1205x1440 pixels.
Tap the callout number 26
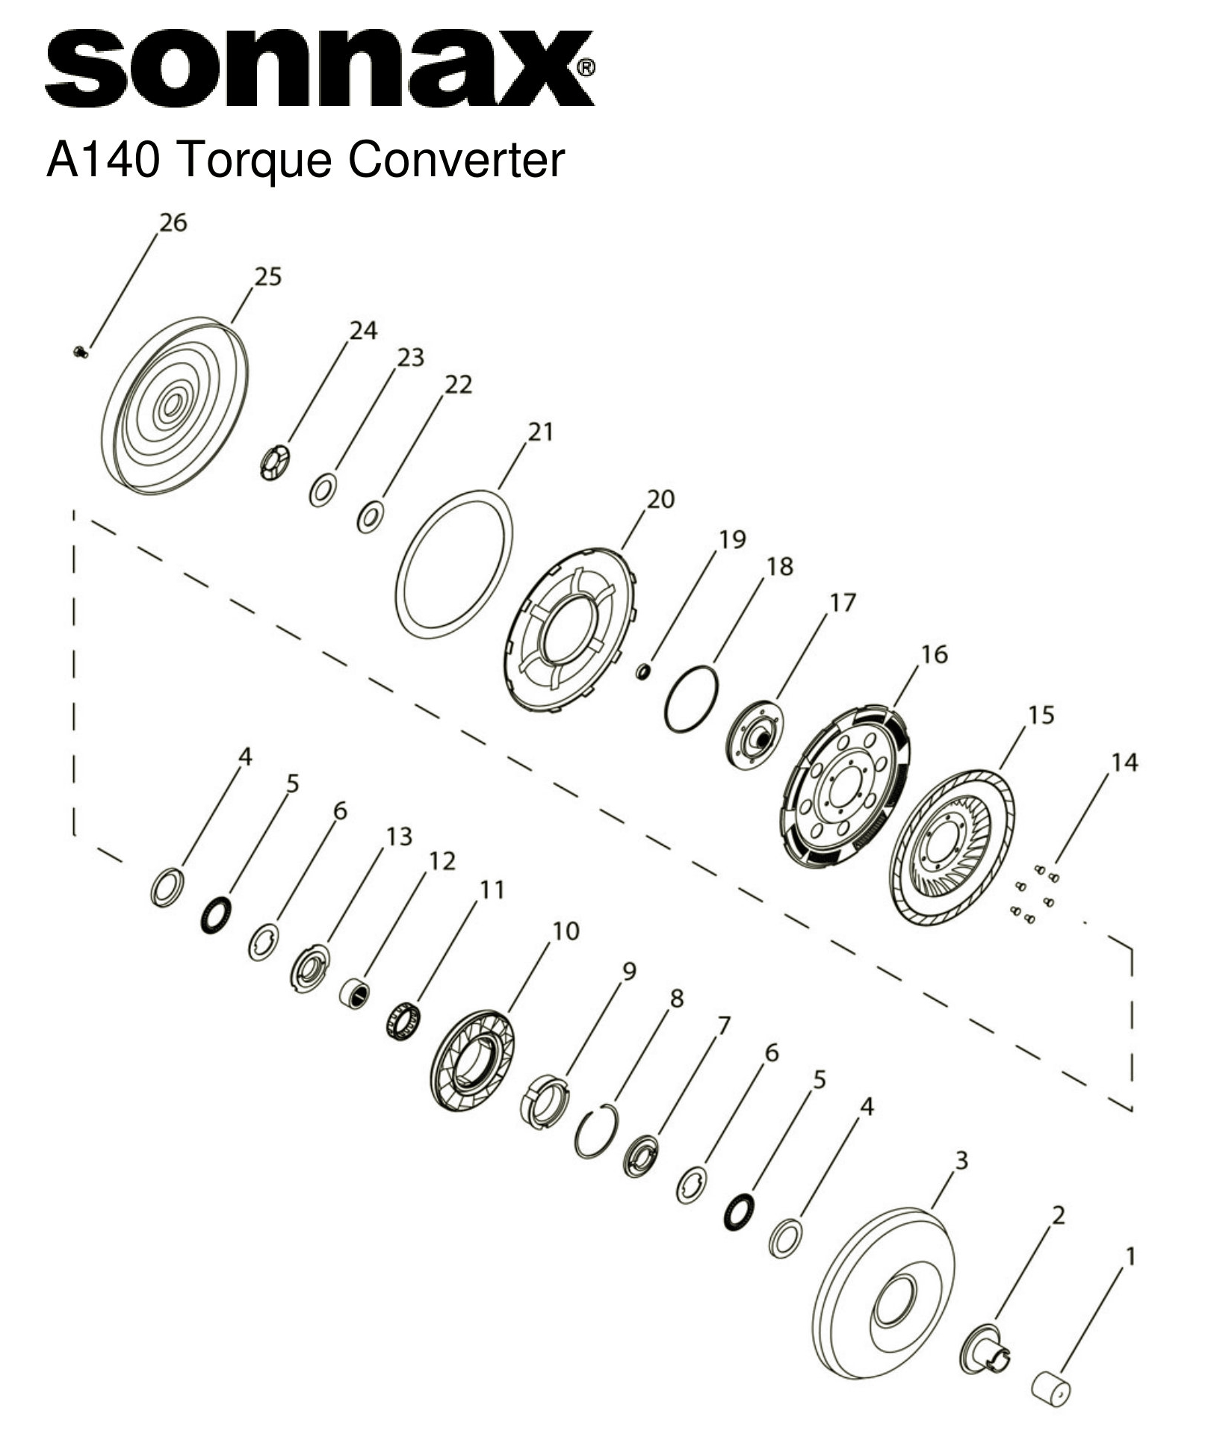173,223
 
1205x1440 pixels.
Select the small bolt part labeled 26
81,352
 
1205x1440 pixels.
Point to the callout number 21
540,432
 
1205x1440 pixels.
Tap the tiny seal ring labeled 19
642,672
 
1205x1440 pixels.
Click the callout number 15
1041,715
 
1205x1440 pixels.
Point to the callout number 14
1124,763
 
